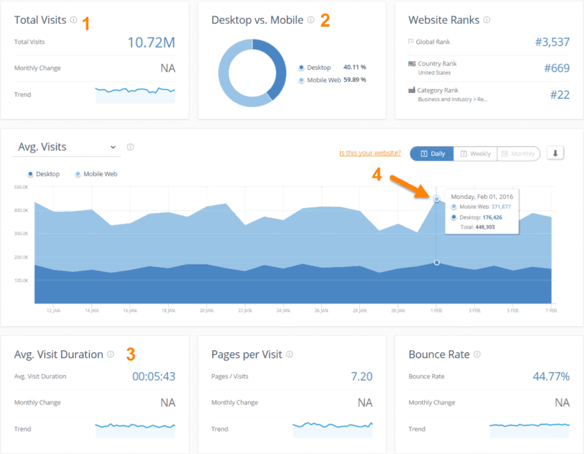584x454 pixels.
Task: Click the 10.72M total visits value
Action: pos(151,43)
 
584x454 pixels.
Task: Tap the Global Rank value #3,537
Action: pos(552,42)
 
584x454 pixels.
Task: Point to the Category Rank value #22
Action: pos(559,95)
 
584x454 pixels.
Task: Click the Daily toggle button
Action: pos(432,154)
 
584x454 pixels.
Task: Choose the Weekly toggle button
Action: pos(476,154)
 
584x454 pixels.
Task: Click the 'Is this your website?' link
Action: pos(370,154)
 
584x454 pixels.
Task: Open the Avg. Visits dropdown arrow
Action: pos(114,147)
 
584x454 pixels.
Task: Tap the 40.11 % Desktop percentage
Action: pos(354,67)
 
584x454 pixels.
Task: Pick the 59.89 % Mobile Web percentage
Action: pos(354,80)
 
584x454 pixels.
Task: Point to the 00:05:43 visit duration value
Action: pos(154,377)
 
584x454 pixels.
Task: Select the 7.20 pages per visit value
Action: pos(361,377)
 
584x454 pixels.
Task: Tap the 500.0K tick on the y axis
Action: pos(21,187)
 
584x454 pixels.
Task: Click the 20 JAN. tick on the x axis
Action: pos(207,311)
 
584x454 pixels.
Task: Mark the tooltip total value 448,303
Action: pos(485,228)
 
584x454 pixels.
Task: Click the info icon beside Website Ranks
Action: pos(487,20)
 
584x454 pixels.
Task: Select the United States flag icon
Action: pos(411,64)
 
